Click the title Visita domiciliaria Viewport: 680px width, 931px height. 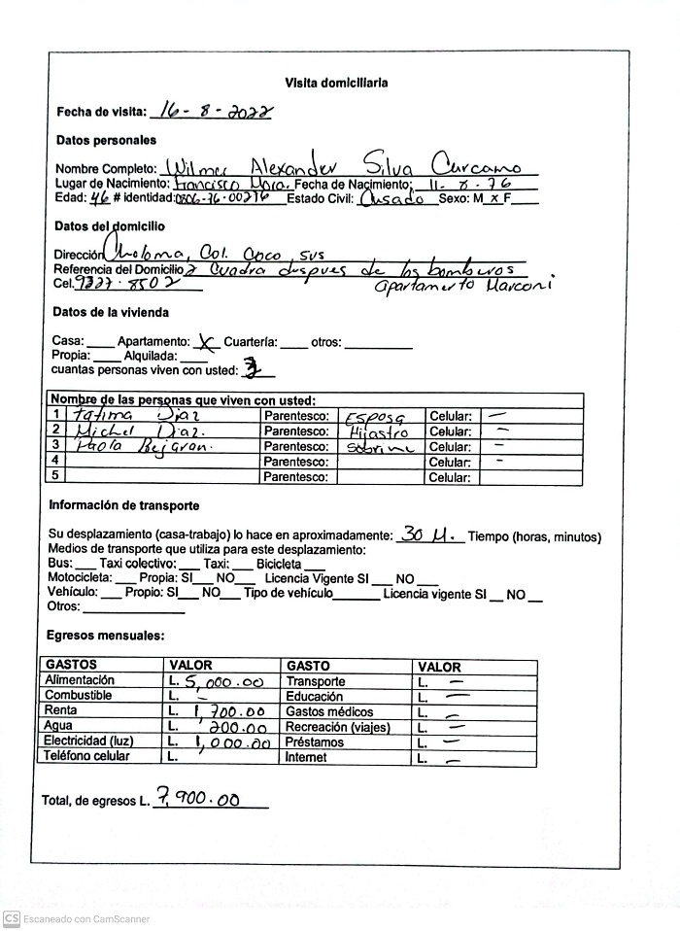[336, 84]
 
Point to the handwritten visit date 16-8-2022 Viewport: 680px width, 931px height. [212, 112]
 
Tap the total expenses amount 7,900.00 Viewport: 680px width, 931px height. [201, 800]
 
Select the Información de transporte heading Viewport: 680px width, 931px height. [124, 505]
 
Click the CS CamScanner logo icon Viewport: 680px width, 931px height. [11, 918]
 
